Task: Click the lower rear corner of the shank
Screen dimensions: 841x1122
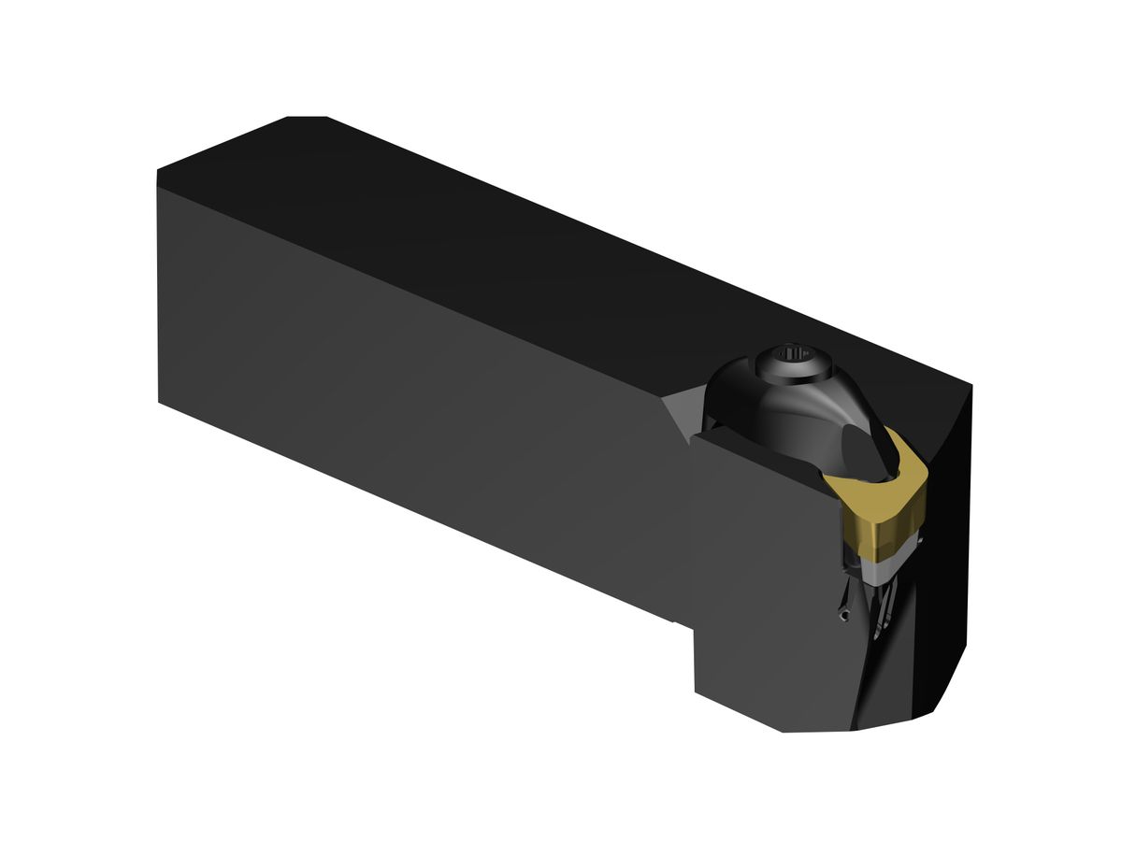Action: point(159,403)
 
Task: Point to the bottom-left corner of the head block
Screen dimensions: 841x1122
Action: point(696,691)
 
